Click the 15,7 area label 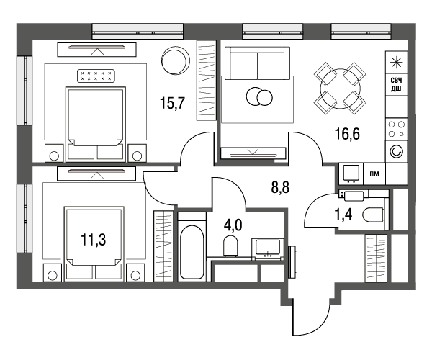click(x=172, y=104)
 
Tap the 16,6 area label click(x=347, y=134)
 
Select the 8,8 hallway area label click(x=280, y=188)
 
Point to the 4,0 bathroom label click(x=233, y=225)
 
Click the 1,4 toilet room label click(x=343, y=215)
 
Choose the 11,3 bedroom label click(x=94, y=239)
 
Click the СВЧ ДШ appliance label click(x=397, y=84)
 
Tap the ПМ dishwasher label click(x=374, y=174)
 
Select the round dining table click(x=341, y=89)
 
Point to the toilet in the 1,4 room click(x=373, y=215)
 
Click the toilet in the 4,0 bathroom click(x=230, y=246)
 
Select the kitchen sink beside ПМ click(x=351, y=174)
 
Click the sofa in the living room click(x=257, y=63)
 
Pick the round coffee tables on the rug click(x=259, y=96)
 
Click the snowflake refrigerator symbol click(x=397, y=62)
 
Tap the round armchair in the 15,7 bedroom click(x=176, y=60)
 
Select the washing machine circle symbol click(x=397, y=151)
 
